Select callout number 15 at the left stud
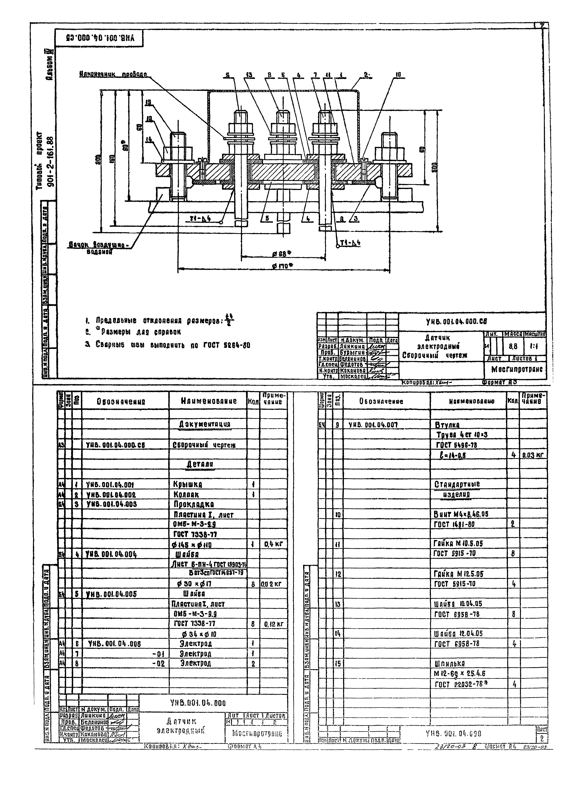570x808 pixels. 148,103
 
